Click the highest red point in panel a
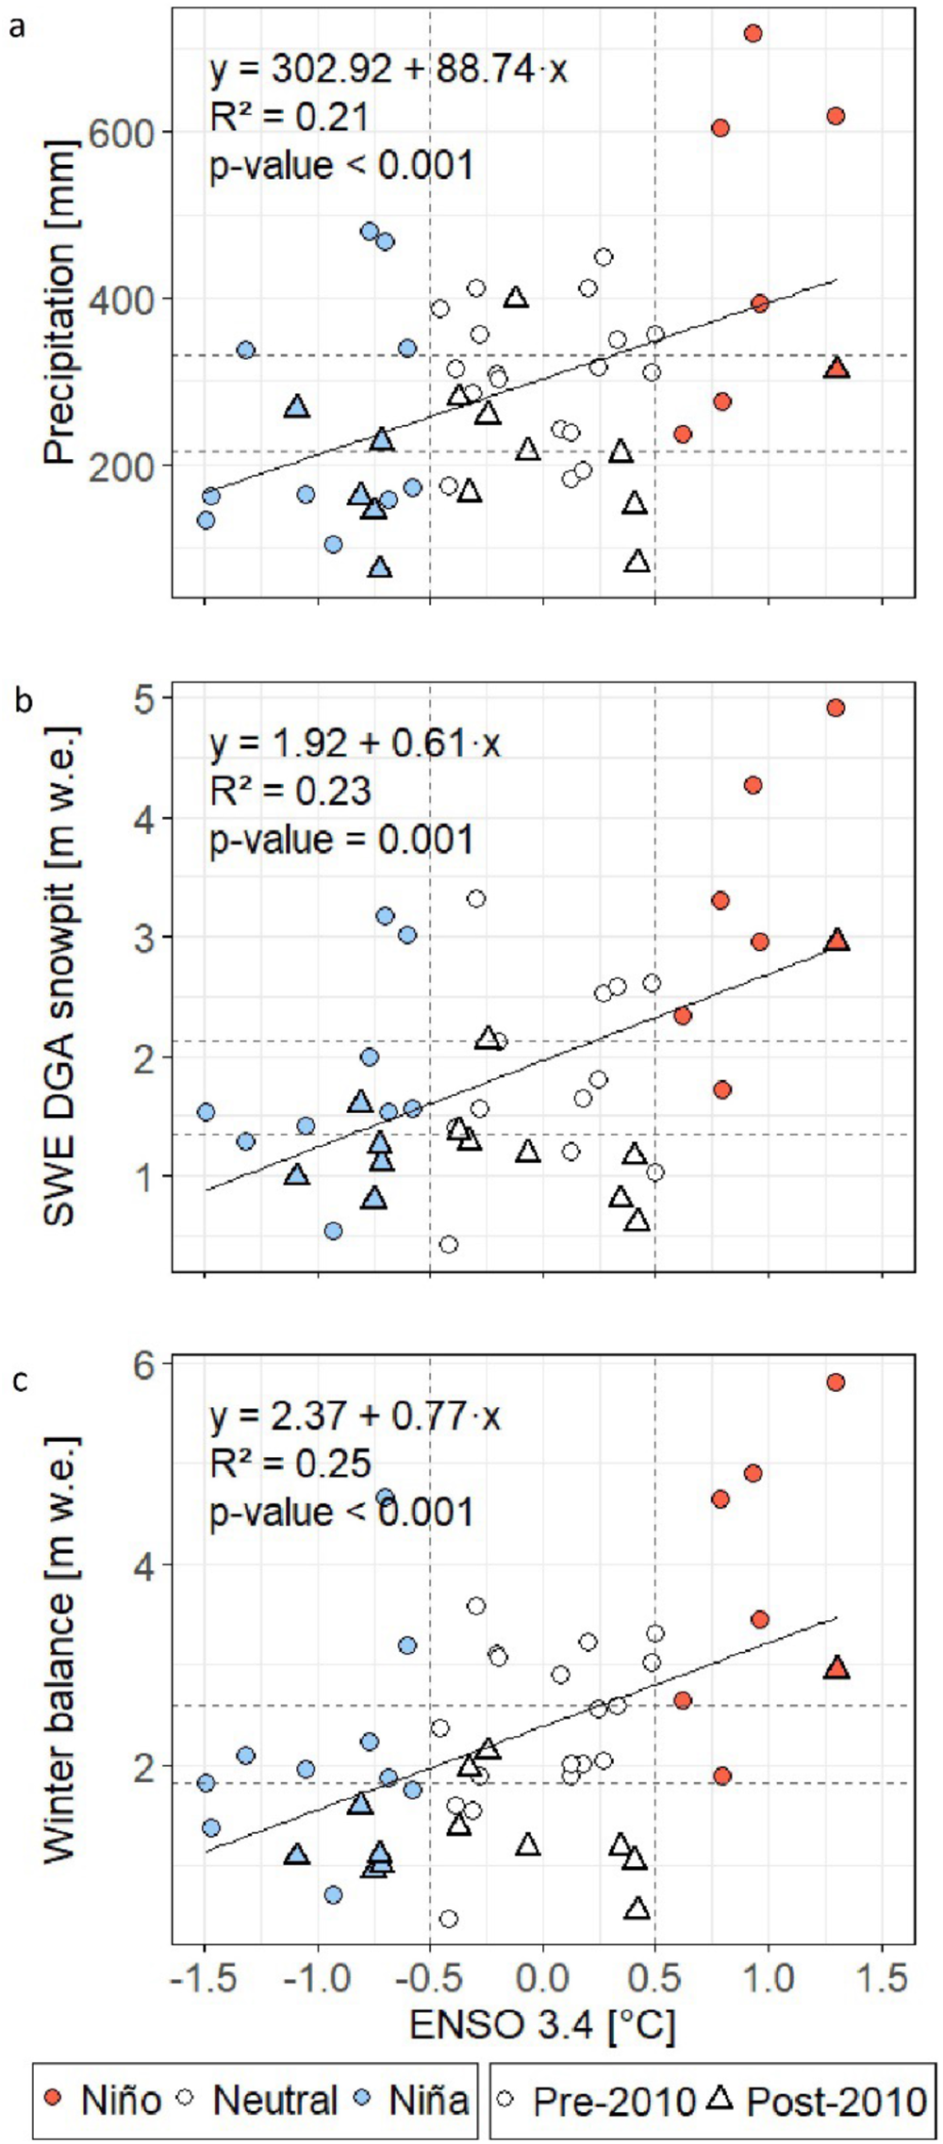(753, 33)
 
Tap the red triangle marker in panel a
(836, 368)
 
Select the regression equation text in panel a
(388, 69)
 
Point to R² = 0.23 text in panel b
(290, 790)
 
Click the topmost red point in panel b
(835, 708)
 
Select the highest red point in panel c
(835, 1382)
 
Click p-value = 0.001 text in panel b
(341, 838)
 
